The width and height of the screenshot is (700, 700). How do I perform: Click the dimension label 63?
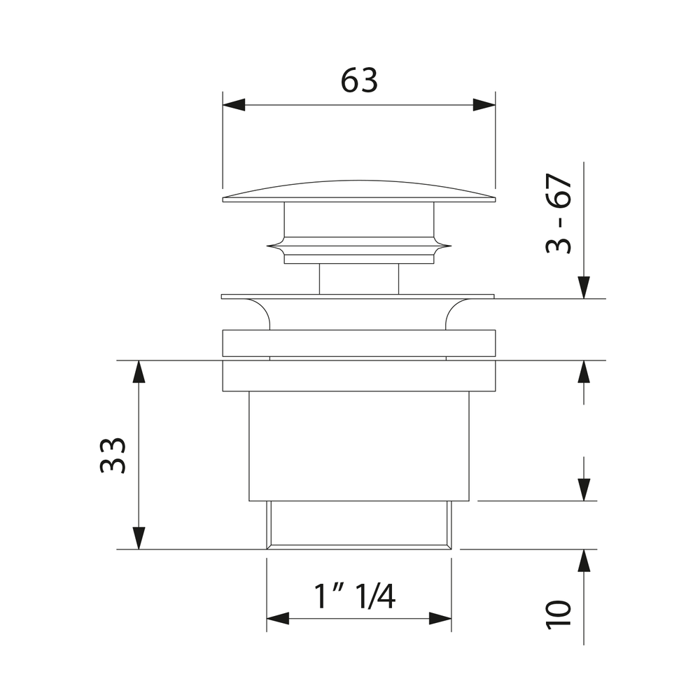coord(359,80)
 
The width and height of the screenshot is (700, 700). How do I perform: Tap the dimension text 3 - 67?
coord(559,213)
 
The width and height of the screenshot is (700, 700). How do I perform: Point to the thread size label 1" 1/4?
coord(355,596)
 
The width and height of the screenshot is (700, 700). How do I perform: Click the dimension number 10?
coord(559,615)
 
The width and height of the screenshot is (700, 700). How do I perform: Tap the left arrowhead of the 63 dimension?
coord(234,105)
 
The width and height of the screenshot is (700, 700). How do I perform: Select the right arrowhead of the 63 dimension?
coord(484,105)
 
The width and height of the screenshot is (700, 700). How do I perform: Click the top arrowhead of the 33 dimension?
coord(139,372)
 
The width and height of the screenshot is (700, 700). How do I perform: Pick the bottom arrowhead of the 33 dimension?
coord(139,538)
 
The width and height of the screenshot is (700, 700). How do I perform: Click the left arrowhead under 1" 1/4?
coord(278,619)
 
